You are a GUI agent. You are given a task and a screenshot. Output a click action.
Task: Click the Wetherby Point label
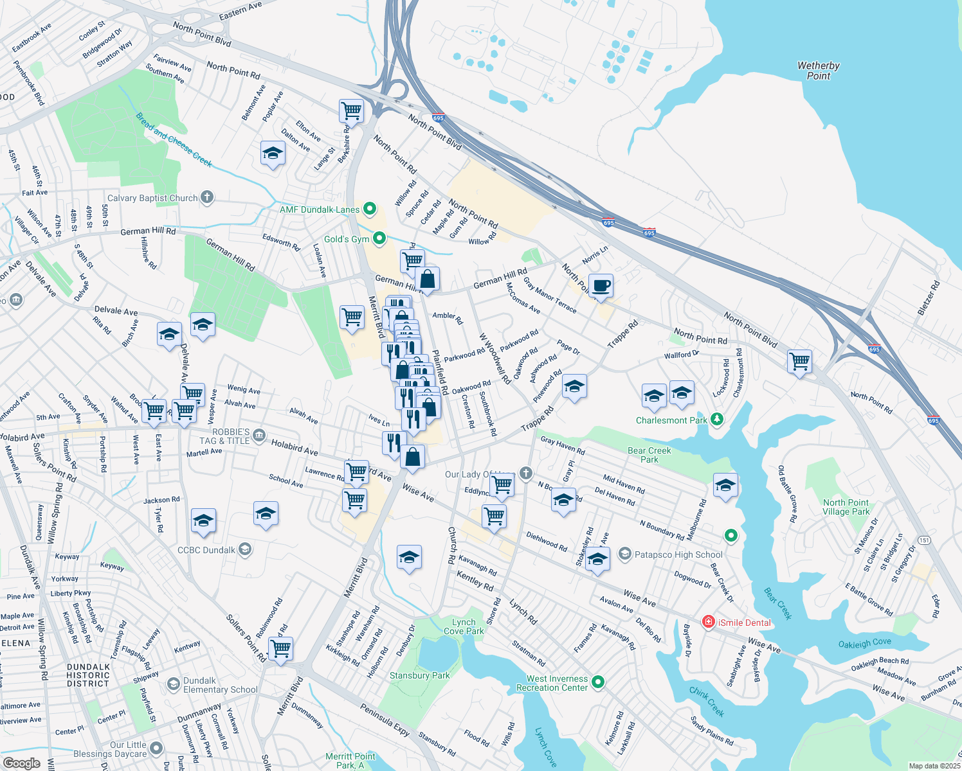coord(818,71)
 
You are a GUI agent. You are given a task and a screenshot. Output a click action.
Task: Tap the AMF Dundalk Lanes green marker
coord(370,209)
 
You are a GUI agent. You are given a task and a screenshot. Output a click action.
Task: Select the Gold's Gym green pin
coord(379,239)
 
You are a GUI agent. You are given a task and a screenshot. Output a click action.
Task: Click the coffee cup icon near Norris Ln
coord(601,286)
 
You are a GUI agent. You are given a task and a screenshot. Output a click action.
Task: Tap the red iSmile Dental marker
coord(708,622)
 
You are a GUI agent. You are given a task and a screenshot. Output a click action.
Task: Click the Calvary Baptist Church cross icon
coord(206,197)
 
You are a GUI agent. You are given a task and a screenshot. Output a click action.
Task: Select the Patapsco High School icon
coord(624,554)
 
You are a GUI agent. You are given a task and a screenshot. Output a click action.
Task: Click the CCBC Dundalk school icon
coord(244,549)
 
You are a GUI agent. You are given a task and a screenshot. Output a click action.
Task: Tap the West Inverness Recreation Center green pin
coord(598,682)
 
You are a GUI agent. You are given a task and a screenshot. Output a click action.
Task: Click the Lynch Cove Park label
coord(464,626)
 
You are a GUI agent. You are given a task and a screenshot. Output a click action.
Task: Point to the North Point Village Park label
coord(846,507)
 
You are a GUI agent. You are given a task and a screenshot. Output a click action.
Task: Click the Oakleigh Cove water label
coord(864,643)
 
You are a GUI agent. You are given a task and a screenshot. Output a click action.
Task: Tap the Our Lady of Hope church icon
coord(526,474)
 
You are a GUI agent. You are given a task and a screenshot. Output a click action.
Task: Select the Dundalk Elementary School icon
coord(173,684)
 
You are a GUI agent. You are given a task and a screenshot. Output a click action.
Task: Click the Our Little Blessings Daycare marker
coord(156,749)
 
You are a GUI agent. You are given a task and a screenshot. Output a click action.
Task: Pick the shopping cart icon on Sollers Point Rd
coord(281,649)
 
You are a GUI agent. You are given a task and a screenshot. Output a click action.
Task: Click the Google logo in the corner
coord(21,763)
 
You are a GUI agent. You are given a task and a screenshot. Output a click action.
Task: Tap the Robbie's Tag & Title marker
coord(259,436)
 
